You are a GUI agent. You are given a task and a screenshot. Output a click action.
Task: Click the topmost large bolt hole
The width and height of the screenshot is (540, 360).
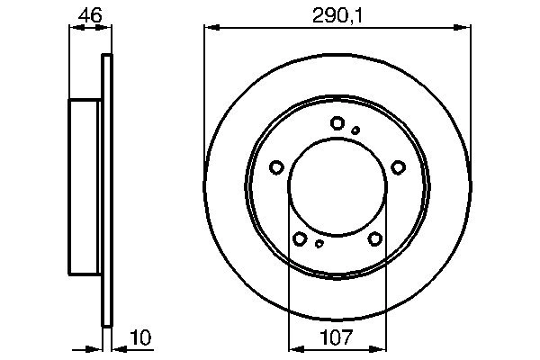(x=337, y=123)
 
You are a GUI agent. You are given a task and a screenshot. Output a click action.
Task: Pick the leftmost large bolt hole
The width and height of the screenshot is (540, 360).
(x=276, y=166)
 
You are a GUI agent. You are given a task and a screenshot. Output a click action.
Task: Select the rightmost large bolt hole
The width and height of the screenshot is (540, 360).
(x=398, y=166)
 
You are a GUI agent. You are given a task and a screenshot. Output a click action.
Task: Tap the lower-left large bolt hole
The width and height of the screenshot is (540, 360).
(x=300, y=238)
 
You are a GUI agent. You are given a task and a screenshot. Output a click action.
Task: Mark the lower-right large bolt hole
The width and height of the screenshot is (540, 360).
(x=374, y=238)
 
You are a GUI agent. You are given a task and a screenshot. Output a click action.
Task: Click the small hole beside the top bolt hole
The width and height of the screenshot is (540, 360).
(x=355, y=130)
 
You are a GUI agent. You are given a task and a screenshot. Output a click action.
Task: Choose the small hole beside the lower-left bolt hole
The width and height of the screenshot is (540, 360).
(x=319, y=243)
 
